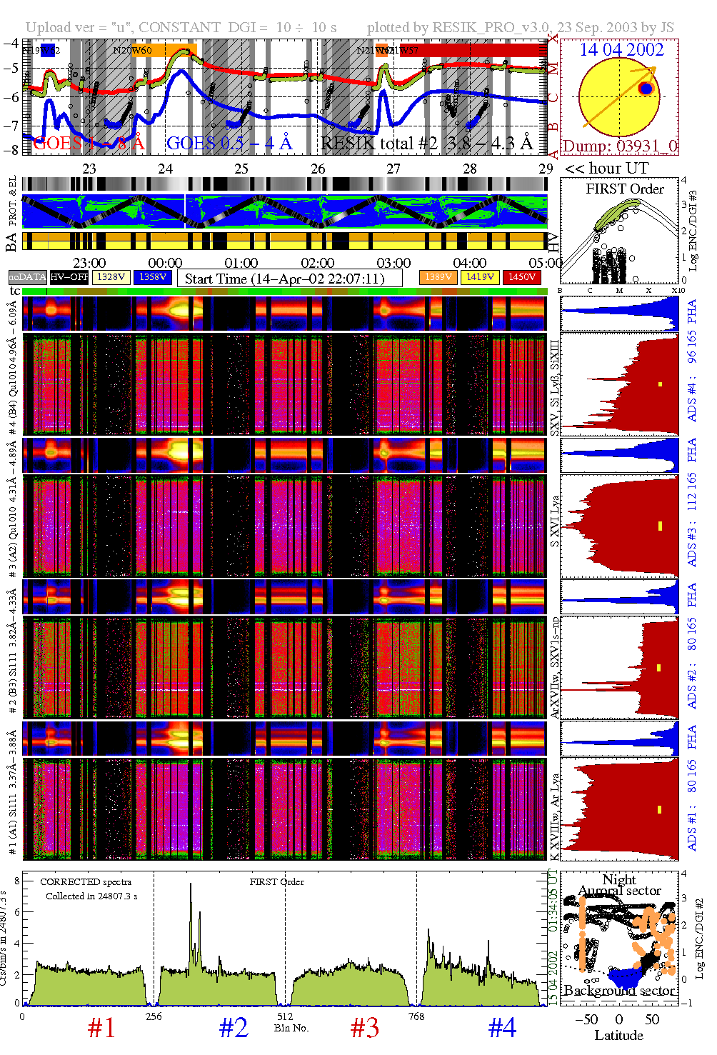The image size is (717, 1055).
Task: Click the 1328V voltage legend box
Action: coord(111,277)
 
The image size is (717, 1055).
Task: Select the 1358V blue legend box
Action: coord(153,277)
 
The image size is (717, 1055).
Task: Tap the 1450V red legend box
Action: coord(522,277)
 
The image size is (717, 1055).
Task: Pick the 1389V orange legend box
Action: coord(438,277)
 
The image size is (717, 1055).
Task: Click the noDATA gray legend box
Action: coord(28,277)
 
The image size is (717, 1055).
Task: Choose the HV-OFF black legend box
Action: coord(69,277)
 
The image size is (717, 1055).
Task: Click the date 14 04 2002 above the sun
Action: coord(621,50)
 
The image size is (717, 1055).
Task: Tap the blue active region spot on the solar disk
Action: coord(646,89)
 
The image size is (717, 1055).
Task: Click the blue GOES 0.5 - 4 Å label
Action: coord(229,144)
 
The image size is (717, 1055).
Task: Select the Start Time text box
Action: coord(289,279)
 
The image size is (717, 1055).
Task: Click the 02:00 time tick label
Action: coord(318,264)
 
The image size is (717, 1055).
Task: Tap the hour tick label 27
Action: coord(393,169)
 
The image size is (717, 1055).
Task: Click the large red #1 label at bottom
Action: coord(101,1028)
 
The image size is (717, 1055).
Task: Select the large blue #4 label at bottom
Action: coord(502,1028)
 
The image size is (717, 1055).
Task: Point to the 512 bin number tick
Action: coord(285,1016)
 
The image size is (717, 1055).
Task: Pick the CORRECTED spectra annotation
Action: coord(86,882)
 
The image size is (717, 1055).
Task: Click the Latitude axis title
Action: coord(618,1036)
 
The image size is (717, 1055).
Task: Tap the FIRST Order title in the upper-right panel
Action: coord(625,189)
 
